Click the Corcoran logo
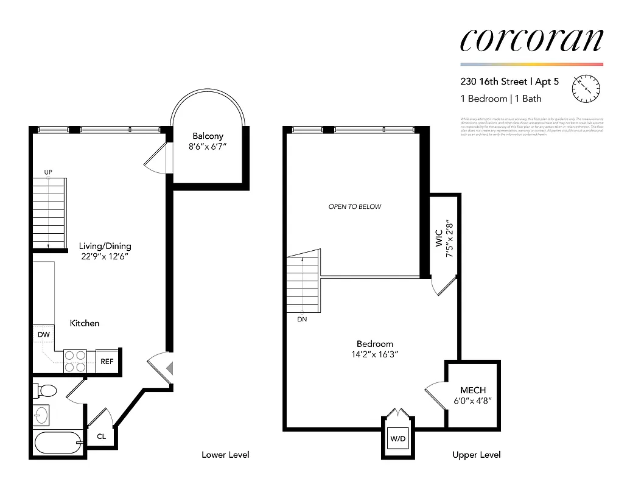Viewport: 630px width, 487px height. [531, 40]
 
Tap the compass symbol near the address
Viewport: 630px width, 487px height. [586, 89]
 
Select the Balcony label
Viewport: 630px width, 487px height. [208, 136]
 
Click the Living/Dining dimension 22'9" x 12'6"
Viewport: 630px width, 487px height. [105, 257]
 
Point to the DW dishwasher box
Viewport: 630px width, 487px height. [43, 334]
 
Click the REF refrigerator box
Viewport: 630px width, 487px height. [107, 361]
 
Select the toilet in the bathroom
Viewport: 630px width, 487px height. [45, 390]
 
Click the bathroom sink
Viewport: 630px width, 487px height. [41, 416]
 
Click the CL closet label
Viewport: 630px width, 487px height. [101, 436]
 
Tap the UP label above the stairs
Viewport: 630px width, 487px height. [48, 172]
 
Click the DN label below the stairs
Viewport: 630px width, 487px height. [302, 319]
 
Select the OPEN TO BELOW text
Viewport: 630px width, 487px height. [355, 206]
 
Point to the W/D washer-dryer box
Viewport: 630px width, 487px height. [398, 437]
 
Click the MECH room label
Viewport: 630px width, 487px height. [473, 390]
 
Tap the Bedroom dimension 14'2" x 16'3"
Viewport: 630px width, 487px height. [374, 354]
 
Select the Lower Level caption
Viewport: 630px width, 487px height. [225, 455]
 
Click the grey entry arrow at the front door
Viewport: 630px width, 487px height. [170, 368]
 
